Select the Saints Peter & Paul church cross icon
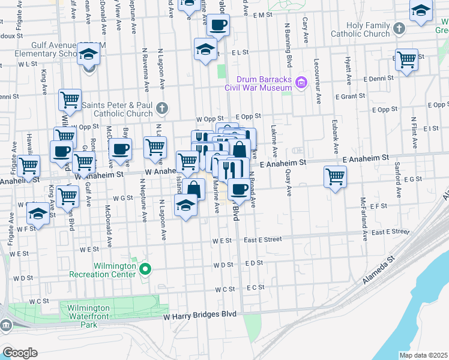click(x=161, y=109)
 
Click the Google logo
click(x=20, y=353)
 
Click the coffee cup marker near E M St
click(x=218, y=26)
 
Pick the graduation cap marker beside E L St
click(x=205, y=49)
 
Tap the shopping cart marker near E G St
click(x=335, y=176)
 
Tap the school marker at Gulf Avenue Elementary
click(x=89, y=55)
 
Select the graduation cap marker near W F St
click(x=38, y=214)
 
